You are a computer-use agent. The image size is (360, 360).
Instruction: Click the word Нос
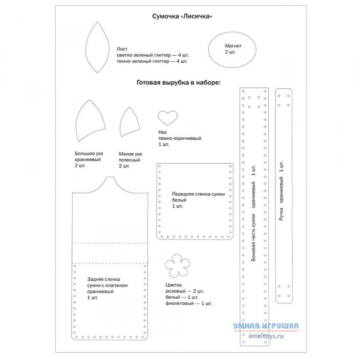[163, 132]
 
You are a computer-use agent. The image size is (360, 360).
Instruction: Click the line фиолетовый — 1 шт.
[188, 304]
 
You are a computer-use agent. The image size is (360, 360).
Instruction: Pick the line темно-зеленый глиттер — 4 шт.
[152, 61]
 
